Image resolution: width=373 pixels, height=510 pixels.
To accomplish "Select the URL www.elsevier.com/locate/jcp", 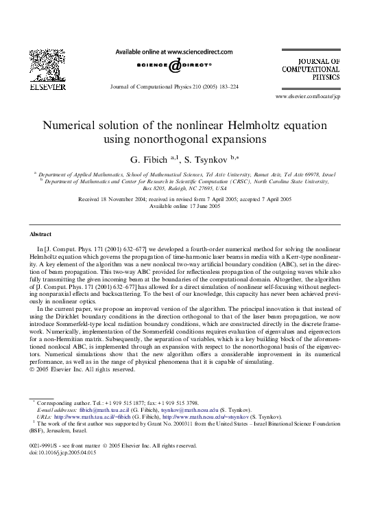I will coord(307,97).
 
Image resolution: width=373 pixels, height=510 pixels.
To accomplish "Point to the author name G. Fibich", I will coord(151,159).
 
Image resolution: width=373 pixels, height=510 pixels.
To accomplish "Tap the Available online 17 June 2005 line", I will coord(186,205).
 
